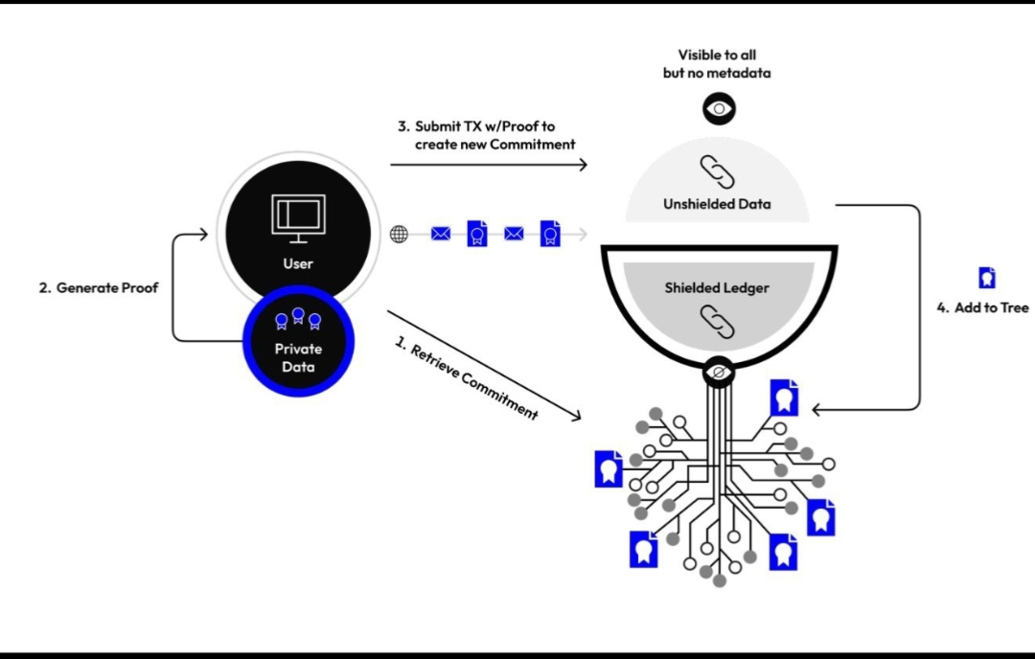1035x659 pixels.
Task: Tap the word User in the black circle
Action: (x=298, y=263)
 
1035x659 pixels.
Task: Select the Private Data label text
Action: (x=298, y=357)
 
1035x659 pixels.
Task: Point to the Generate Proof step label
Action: (x=98, y=287)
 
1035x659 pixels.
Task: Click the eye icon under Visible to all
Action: (x=719, y=109)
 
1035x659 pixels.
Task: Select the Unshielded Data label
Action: (x=717, y=204)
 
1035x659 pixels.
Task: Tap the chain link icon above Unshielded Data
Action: (x=717, y=171)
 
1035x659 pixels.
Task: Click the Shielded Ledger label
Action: (x=718, y=287)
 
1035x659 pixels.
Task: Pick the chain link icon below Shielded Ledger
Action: (x=718, y=321)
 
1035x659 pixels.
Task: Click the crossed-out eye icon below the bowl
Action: (x=718, y=371)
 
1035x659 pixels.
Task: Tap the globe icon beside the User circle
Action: (x=400, y=234)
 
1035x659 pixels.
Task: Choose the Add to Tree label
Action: (x=982, y=307)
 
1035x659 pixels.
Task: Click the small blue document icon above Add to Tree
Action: (x=986, y=278)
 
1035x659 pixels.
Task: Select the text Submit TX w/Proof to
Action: (x=475, y=126)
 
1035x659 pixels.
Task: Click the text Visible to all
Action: (x=717, y=56)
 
